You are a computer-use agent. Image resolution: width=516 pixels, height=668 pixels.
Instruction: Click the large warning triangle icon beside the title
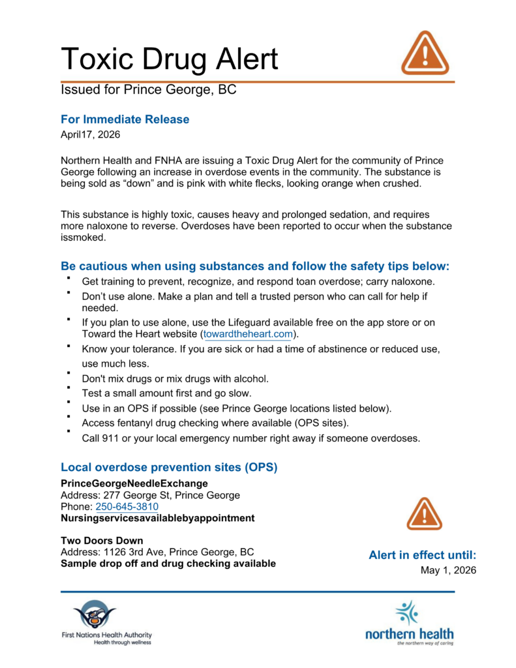[424, 53]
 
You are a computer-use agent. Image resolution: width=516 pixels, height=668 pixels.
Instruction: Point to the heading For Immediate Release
[125, 119]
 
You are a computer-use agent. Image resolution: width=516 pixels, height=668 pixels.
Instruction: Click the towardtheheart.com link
[247, 335]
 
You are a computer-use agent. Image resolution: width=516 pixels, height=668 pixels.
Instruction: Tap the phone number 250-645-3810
[127, 507]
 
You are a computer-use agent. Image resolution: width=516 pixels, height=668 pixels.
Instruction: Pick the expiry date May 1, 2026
[448, 570]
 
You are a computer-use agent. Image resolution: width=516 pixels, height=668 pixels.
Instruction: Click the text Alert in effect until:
[423, 555]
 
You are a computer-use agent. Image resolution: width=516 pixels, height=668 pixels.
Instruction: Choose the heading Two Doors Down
[102, 541]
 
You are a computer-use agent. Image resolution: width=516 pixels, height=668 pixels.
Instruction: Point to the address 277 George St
[138, 495]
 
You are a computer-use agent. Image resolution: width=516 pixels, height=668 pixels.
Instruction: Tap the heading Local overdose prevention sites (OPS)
[169, 467]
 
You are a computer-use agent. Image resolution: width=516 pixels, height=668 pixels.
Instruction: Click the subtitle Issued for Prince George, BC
[148, 90]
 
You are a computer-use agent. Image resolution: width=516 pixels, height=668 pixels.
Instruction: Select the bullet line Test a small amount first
[166, 393]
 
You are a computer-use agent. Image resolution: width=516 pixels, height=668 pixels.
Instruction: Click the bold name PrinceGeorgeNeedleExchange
[134, 483]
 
